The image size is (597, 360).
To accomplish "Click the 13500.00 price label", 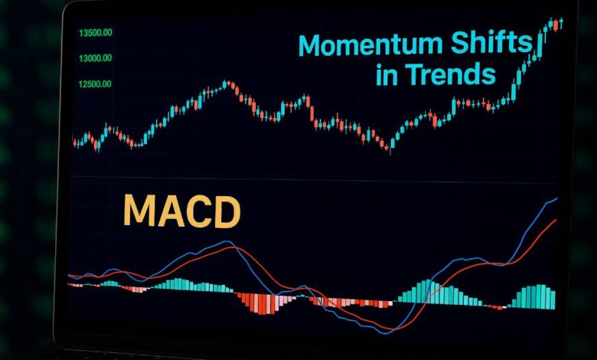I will tap(95, 32).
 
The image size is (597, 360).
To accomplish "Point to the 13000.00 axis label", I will tap(95, 57).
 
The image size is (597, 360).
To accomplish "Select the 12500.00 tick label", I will tap(95, 83).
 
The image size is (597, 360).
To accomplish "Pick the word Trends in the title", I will tap(452, 74).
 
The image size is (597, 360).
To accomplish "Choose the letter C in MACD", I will tap(198, 211).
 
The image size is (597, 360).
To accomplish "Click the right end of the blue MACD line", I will tap(557, 198).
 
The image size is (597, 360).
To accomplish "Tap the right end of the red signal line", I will tap(556, 220).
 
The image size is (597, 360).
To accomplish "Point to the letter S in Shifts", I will tap(462, 44).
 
